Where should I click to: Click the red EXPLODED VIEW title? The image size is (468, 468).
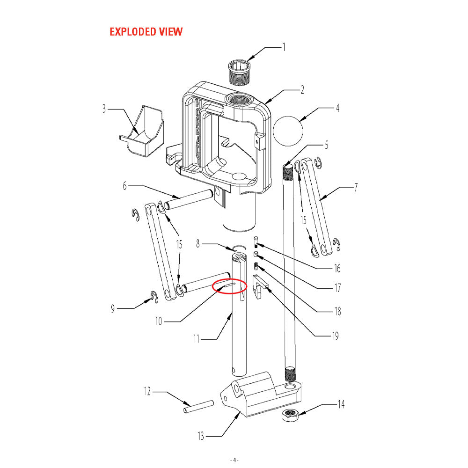[146, 32]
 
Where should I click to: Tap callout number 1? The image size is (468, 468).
[283, 47]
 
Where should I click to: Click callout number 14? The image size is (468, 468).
[341, 404]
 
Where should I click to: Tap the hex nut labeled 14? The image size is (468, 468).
[291, 415]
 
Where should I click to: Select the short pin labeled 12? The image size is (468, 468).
[198, 406]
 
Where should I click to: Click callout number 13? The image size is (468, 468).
[201, 437]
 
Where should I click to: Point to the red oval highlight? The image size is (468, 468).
[229, 285]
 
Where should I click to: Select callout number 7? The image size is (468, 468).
[356, 188]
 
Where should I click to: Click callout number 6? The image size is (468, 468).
[124, 185]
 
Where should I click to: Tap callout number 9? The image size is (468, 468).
[113, 308]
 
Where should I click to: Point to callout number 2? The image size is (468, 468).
[302, 89]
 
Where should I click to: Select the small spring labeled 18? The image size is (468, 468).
[256, 267]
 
